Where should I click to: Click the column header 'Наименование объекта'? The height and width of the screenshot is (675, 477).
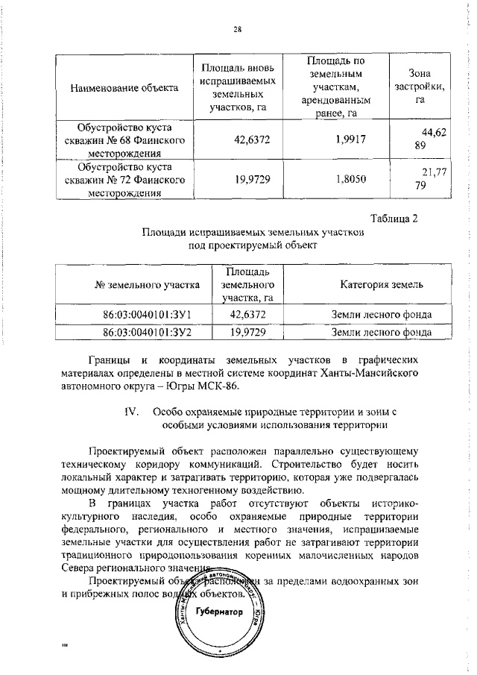coord(124,88)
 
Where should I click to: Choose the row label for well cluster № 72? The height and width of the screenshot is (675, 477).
coord(125,179)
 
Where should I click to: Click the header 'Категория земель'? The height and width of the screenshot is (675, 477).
coord(382,284)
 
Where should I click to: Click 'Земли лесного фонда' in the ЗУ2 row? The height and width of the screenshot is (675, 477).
coord(382,332)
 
